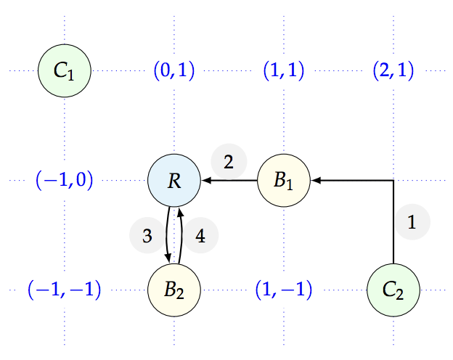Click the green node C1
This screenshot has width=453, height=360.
[64, 70]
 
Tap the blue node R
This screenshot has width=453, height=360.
[174, 180]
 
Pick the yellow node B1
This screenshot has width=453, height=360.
[284, 180]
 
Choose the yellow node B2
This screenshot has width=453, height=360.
[174, 290]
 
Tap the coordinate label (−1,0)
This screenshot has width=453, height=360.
[64, 180]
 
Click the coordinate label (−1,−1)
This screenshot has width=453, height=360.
[64, 290]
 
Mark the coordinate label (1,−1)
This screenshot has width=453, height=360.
[284, 290]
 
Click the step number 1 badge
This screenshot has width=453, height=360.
[412, 223]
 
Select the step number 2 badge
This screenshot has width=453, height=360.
[229, 163]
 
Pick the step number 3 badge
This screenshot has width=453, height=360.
[147, 236]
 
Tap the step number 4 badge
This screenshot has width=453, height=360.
[200, 236]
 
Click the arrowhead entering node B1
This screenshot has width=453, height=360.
[316, 180]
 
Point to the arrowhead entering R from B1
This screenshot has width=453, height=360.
[205, 180]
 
